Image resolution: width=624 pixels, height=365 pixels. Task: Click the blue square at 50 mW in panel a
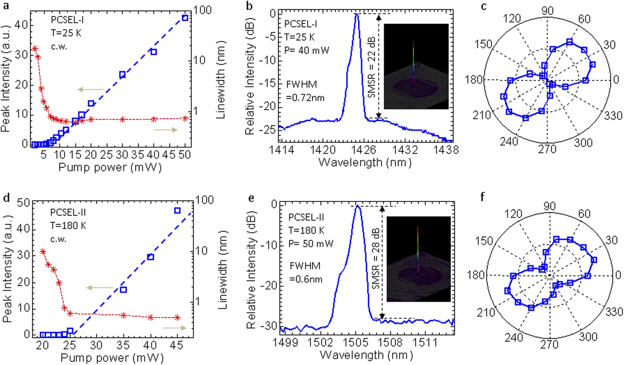tap(185, 18)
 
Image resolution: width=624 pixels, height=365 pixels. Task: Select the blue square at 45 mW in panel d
tap(177, 210)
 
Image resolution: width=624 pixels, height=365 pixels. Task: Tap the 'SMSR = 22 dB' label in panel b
tap(371, 67)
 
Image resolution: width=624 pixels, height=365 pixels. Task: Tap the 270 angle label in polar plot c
tap(547, 149)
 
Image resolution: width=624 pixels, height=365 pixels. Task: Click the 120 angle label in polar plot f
tap(514, 214)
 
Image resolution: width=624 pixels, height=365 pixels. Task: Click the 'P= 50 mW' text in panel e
tap(311, 244)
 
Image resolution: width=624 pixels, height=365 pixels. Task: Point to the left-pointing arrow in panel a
tap(91, 89)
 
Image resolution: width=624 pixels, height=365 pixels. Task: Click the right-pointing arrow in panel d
tap(175, 328)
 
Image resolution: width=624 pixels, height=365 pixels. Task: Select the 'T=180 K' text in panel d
tap(68, 226)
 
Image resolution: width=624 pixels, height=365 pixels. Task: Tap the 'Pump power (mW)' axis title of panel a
tap(110, 168)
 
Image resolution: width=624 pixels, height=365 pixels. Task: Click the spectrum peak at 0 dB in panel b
tap(357, 14)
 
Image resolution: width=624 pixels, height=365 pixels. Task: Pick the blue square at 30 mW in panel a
tap(122, 74)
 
